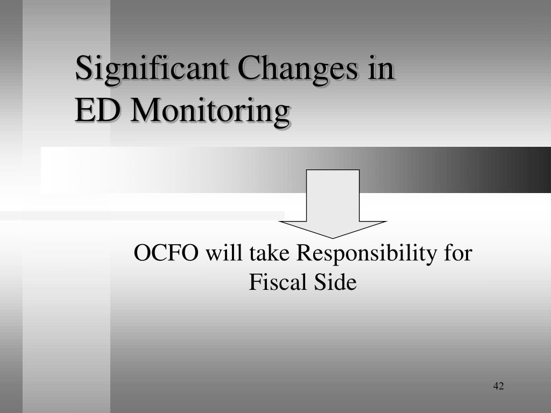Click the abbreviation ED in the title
(x=97, y=110)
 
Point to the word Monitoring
(x=210, y=112)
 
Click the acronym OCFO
(x=166, y=253)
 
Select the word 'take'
(x=270, y=253)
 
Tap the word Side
(x=335, y=282)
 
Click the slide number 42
(x=498, y=386)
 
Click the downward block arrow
(x=333, y=204)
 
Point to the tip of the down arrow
(x=333, y=238)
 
